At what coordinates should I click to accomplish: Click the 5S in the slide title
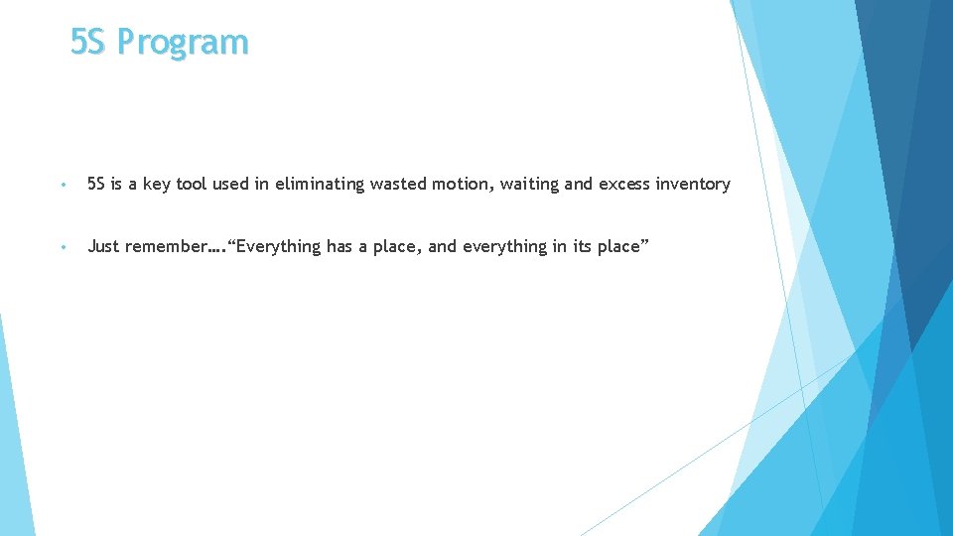click(x=88, y=43)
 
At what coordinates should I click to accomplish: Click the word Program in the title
click(x=182, y=43)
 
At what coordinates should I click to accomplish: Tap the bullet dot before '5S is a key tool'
click(x=63, y=185)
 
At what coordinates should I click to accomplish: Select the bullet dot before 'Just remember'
click(x=63, y=247)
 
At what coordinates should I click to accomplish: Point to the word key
click(x=158, y=185)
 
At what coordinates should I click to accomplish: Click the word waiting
click(x=530, y=184)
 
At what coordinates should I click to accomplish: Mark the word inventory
click(x=693, y=184)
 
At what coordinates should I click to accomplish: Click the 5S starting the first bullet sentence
click(x=96, y=184)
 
